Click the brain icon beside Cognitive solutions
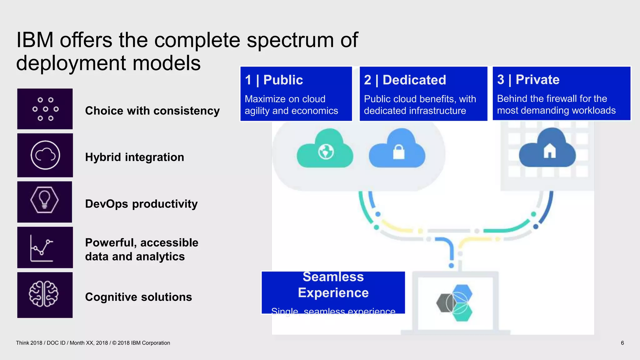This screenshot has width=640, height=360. [x=44, y=294]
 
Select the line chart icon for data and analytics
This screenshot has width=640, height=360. [x=42, y=248]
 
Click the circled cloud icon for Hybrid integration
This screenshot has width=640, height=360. [x=45, y=155]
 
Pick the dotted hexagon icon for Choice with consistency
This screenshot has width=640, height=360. [x=46, y=109]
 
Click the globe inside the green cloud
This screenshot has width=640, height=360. [x=326, y=152]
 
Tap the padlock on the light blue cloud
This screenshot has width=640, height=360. [x=398, y=152]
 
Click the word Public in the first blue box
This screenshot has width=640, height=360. [x=283, y=80]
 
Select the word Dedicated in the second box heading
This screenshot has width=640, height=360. [x=414, y=80]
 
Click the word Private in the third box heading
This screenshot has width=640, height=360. [x=537, y=80]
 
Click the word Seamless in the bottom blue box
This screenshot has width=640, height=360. [x=333, y=277]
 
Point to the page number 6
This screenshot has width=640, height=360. [x=622, y=343]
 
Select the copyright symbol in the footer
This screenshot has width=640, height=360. [x=114, y=343]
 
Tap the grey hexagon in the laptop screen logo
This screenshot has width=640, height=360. [x=443, y=303]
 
